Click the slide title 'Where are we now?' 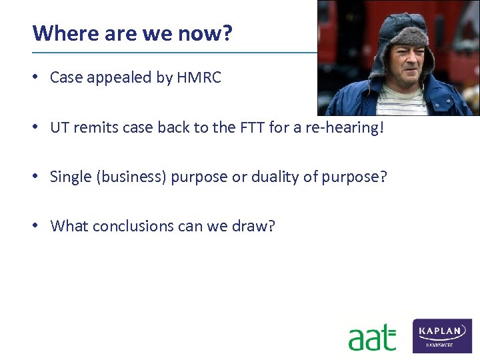coord(132,33)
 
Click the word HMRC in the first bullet coord(199,78)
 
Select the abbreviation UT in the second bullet coord(59,127)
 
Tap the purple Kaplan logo coord(442,335)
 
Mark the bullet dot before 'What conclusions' coord(36,226)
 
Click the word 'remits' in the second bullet coord(92,127)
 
